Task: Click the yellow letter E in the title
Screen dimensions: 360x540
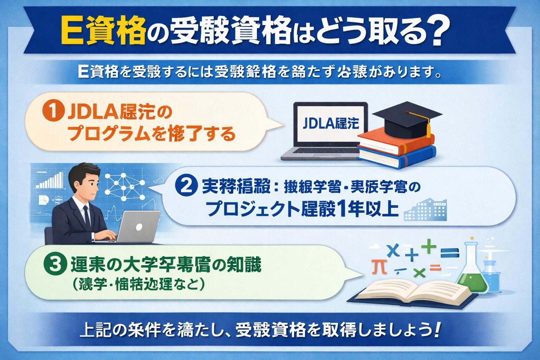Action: pos(71,34)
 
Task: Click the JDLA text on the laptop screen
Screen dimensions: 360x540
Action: pos(316,123)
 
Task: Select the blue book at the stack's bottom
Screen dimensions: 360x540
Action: pos(397,156)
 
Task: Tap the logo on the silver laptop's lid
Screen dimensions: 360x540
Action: pos(139,227)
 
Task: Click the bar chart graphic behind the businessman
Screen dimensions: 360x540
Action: pos(49,181)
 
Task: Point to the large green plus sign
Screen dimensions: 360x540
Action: pos(429,246)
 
